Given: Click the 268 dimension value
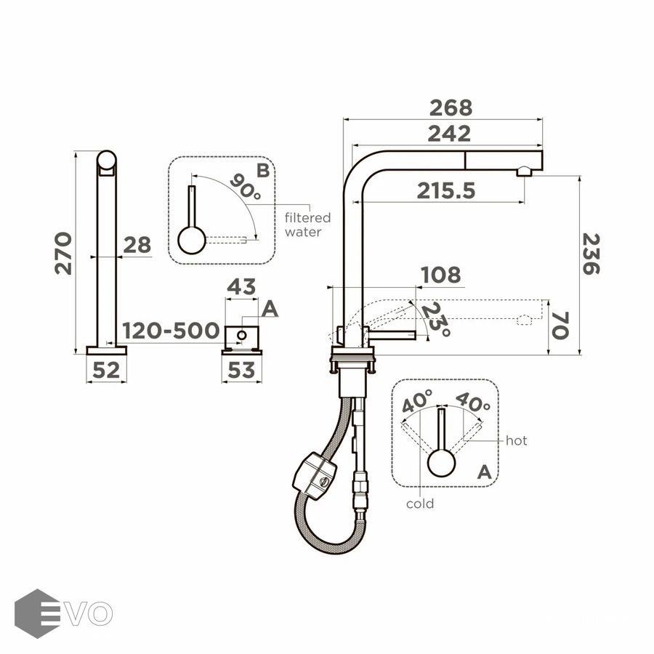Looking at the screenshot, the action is (451, 108).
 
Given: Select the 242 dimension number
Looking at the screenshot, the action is (449, 134).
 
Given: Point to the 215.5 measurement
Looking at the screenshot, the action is (446, 190).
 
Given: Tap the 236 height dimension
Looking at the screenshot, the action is (591, 254).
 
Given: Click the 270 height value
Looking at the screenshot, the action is (63, 253).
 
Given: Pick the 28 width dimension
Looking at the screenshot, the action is (137, 245).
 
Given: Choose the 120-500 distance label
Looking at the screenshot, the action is (171, 331).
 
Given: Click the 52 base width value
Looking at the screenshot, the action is (106, 370).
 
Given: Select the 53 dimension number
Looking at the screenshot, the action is (241, 370).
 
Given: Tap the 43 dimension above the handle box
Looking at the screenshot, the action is (241, 286).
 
